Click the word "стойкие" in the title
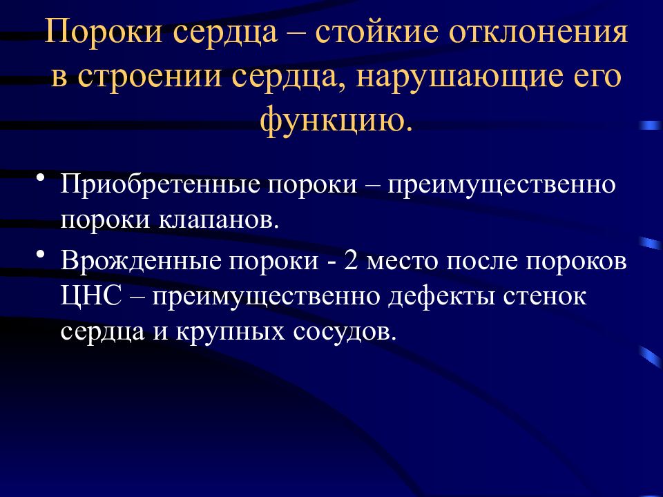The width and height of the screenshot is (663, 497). point(376,32)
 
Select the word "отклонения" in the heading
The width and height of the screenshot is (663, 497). point(538,33)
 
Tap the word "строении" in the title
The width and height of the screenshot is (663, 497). point(149,77)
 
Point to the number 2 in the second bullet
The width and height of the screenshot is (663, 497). point(351,260)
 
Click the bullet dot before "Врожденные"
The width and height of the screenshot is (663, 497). point(41,254)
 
